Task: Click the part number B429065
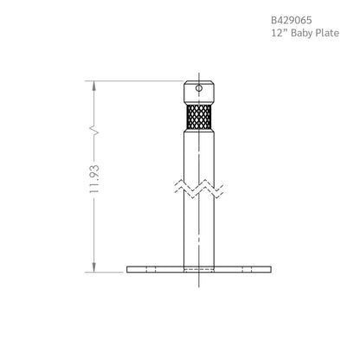tap(292, 20)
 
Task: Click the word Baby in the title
tap(301, 33)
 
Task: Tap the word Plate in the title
tap(327, 33)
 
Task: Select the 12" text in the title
tap(280, 33)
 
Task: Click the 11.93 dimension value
tap(94, 179)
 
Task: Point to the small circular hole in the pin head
tap(199, 88)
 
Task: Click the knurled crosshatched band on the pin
tap(199, 117)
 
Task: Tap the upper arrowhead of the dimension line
tap(94, 86)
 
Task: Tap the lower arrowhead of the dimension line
tap(94, 267)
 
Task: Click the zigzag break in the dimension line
tap(94, 131)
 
